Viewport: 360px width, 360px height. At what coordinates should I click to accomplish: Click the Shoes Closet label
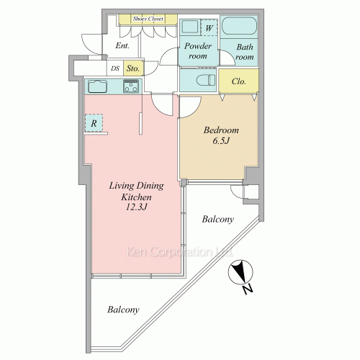[x=148, y=19]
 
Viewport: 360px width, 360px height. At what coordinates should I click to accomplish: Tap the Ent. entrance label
[x=122, y=45]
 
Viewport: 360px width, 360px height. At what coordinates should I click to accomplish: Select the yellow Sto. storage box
[x=133, y=68]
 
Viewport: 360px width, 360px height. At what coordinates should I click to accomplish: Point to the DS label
[x=115, y=68]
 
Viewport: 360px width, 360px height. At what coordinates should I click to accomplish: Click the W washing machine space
[x=209, y=28]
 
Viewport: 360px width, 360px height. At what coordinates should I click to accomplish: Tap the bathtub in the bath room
[x=239, y=26]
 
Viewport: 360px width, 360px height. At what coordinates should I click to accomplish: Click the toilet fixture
[x=205, y=80]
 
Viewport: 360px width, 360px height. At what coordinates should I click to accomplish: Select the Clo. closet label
[x=239, y=81]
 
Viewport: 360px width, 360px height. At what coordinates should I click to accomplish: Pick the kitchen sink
[x=97, y=86]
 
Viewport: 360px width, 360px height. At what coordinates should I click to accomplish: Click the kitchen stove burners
[x=131, y=86]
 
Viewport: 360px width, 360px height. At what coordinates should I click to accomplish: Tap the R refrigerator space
[x=94, y=123]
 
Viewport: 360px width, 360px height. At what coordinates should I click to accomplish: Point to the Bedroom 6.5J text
[x=221, y=135]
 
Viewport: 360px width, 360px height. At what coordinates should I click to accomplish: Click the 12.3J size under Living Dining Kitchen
[x=136, y=207]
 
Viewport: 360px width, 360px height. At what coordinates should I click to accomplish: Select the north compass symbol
[x=240, y=272]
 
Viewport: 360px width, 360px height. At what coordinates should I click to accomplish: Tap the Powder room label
[x=198, y=51]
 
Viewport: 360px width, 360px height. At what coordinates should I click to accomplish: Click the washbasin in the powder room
[x=189, y=27]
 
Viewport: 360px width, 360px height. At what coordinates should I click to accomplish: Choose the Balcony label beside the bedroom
[x=217, y=219]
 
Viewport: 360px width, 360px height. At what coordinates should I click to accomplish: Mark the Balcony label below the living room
[x=123, y=310]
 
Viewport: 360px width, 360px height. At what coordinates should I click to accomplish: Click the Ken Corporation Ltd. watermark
[x=179, y=252]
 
